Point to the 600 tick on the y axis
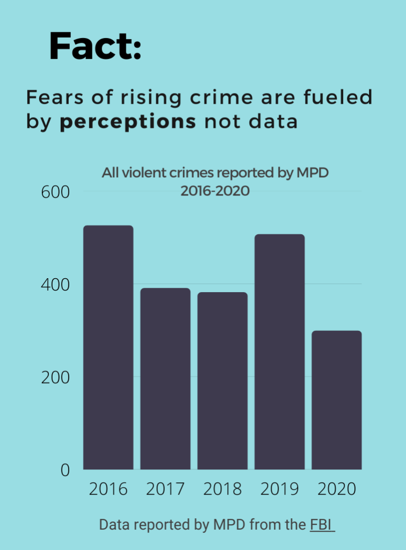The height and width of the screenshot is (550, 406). tap(56, 192)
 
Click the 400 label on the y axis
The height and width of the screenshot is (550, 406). tap(56, 285)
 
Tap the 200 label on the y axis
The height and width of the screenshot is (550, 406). tap(56, 377)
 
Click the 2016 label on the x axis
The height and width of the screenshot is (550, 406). tap(108, 489)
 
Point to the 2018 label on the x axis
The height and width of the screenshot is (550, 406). tap(222, 489)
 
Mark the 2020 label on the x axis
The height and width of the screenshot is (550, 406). tap(337, 489)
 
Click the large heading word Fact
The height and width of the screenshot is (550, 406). tap(95, 46)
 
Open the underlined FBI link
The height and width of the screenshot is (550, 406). tap(322, 525)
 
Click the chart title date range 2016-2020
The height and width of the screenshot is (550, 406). tap(215, 191)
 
